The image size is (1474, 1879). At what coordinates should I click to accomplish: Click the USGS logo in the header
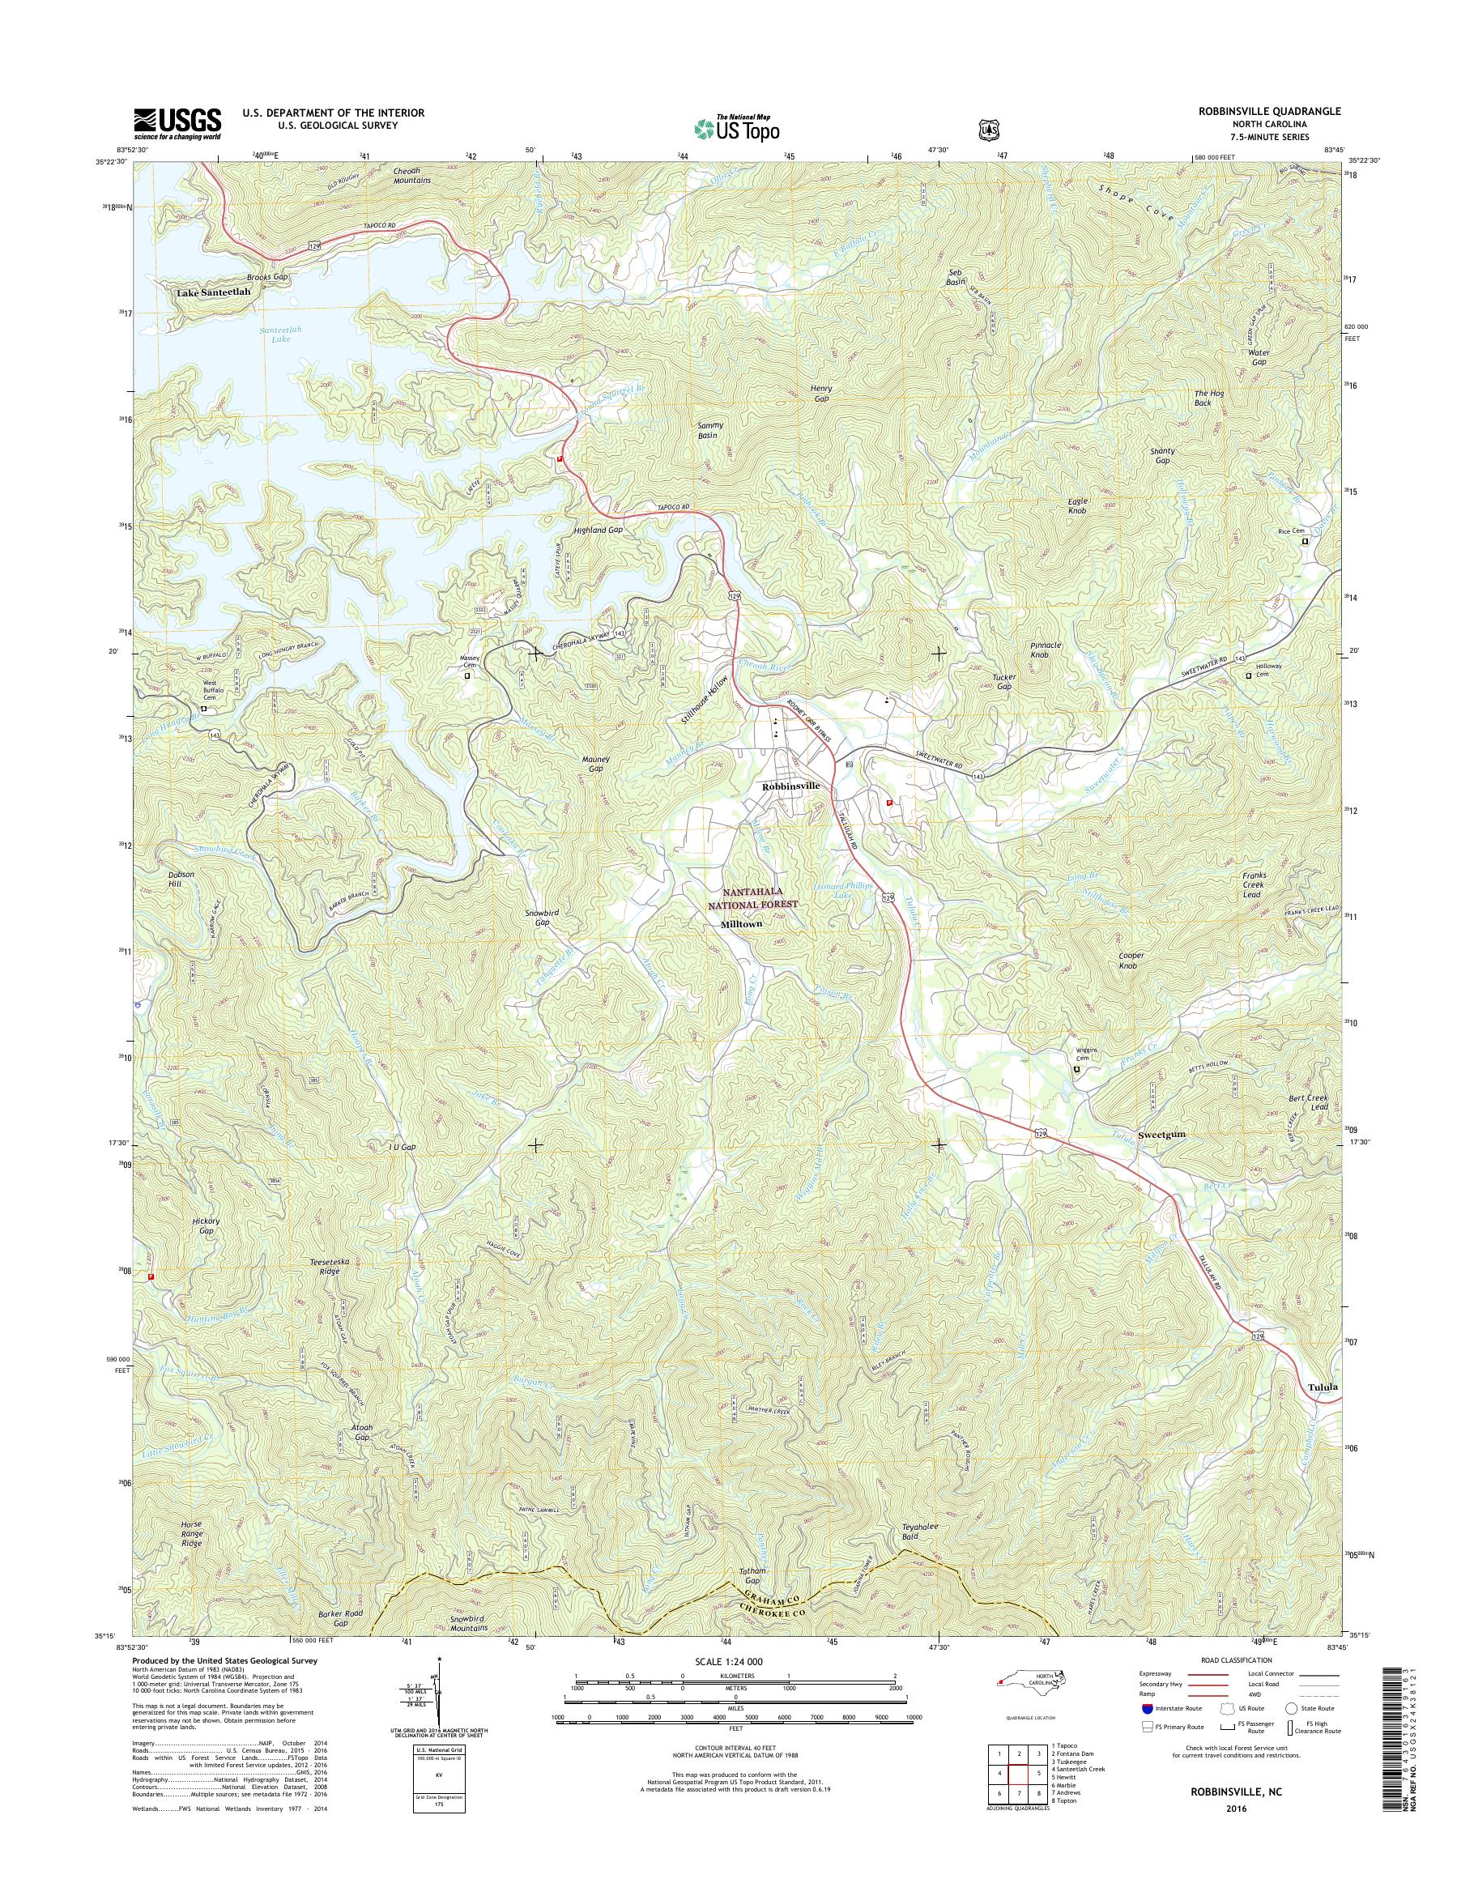[x=177, y=123]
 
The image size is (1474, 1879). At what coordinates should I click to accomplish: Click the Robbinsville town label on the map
[x=790, y=787]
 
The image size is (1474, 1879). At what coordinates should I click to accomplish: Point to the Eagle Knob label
[x=1078, y=505]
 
